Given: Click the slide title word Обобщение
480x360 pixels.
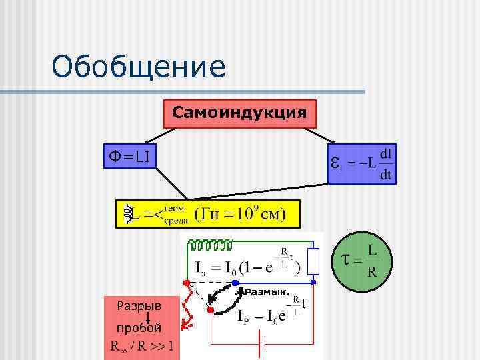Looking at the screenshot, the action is pyautogui.click(x=139, y=68).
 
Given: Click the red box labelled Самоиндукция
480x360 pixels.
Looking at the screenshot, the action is pyautogui.click(x=240, y=113).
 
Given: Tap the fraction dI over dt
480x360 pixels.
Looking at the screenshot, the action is pyautogui.click(x=385, y=164).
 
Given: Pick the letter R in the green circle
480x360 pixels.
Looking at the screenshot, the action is pyautogui.click(x=373, y=273).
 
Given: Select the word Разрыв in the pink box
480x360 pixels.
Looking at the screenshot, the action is pyautogui.click(x=139, y=307).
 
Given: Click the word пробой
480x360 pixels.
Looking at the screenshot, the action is pyautogui.click(x=139, y=328).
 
